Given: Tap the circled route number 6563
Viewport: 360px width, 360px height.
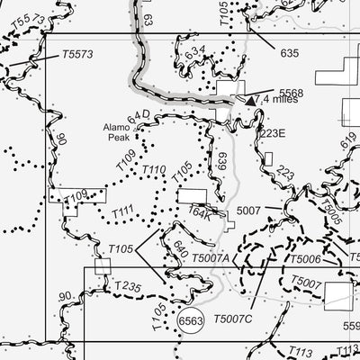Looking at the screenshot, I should (x=191, y=320).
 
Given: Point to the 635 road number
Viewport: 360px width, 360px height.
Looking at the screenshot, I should (x=289, y=54).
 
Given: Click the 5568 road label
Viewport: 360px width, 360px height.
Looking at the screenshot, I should (x=291, y=93).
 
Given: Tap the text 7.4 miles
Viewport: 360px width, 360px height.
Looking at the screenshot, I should (x=279, y=100).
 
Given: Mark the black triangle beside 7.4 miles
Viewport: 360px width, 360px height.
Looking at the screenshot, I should (x=251, y=102).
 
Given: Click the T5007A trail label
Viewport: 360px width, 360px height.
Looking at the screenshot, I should (x=211, y=259).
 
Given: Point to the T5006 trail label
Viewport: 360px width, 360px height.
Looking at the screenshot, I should (x=305, y=259).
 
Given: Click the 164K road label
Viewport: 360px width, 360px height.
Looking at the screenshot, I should (x=200, y=214).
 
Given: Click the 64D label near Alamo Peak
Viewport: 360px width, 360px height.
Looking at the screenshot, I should (x=137, y=116).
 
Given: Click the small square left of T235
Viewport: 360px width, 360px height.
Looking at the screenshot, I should (x=103, y=265).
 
